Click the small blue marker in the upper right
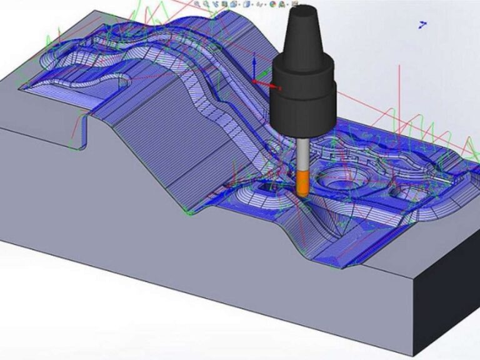click(x=423, y=24)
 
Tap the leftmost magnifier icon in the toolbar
click(x=197, y=4)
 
